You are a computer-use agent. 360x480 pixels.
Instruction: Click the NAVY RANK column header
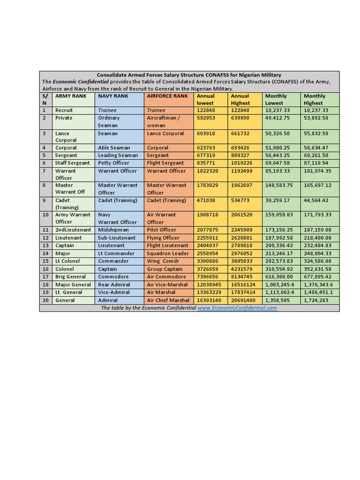tap(113, 96)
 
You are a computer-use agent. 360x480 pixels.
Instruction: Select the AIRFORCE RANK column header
tap(167, 96)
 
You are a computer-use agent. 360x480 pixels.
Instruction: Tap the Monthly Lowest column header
tap(276, 99)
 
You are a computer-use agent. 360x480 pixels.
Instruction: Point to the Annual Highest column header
tap(240, 99)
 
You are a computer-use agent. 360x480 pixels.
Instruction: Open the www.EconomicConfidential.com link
tap(237, 308)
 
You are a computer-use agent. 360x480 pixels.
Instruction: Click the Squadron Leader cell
tap(168, 253)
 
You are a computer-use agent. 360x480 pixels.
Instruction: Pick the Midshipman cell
tap(113, 230)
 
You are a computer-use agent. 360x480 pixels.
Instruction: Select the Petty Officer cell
tap(113, 163)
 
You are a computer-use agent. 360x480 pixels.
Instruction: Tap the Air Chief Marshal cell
tap(168, 300)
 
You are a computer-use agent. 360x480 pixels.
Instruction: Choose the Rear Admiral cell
tap(114, 285)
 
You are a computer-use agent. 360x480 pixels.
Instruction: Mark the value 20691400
tap(243, 300)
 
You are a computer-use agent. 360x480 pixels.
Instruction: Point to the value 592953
tap(206, 118)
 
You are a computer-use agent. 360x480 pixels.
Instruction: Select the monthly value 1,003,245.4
tap(280, 285)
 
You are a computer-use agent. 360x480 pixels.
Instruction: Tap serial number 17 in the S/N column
tap(45, 277)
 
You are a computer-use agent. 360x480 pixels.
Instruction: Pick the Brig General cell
tap(70, 277)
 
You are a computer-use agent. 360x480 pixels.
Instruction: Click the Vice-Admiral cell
tap(114, 292)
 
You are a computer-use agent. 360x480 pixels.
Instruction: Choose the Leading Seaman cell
tap(118, 155)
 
